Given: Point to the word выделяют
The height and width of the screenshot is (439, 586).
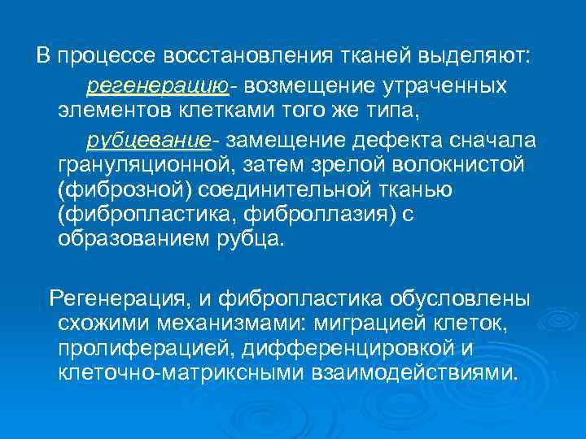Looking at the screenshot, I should [x=474, y=56].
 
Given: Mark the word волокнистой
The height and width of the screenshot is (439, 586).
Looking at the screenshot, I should [x=455, y=167].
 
